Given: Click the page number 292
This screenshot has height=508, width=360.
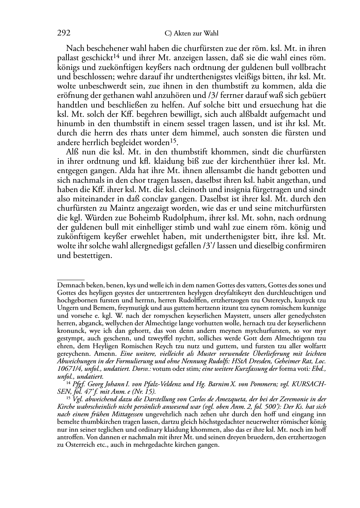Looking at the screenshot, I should [64, 33].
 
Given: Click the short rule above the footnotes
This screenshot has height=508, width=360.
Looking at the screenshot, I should [71, 279].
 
